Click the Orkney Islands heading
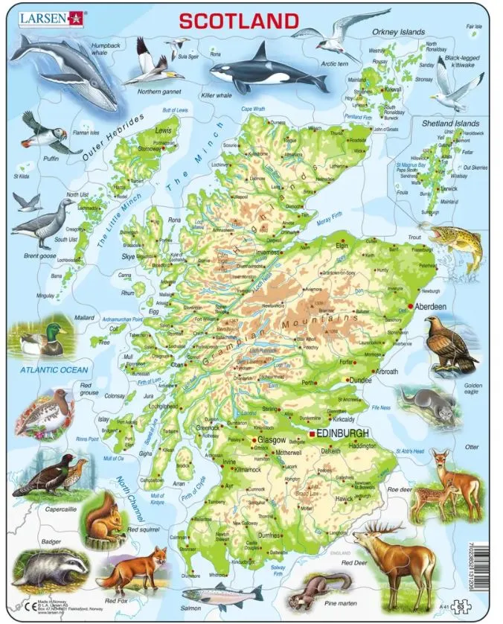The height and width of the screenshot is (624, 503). coord(399,33)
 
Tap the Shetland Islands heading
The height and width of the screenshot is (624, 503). coord(450,121)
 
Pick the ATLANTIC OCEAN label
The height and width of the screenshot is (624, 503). coord(54,369)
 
